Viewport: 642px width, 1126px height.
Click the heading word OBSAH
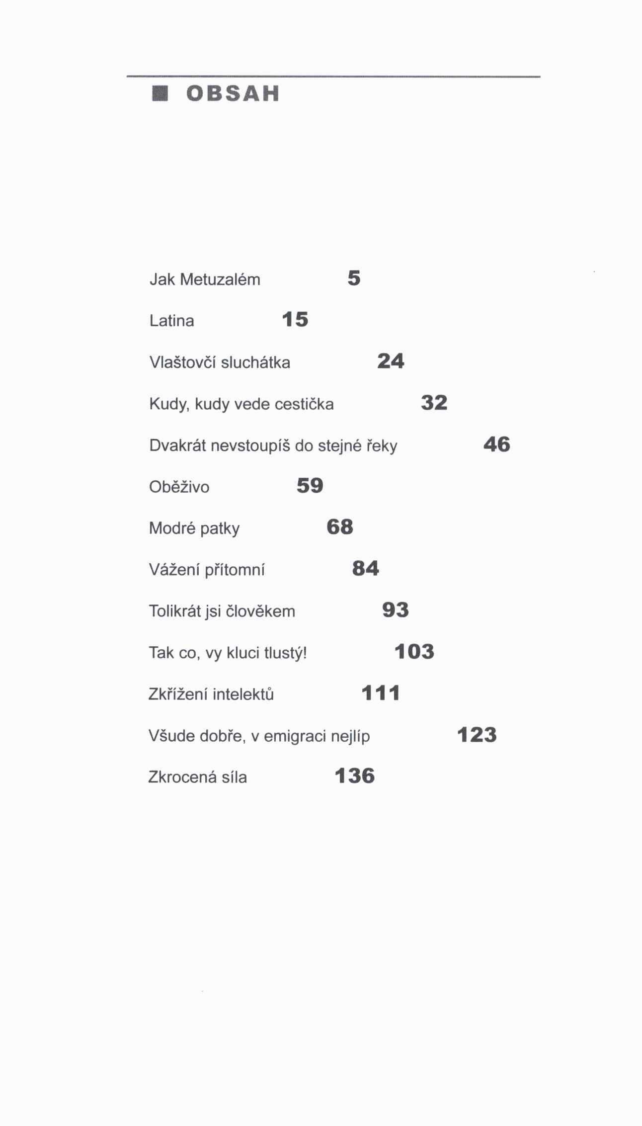233,93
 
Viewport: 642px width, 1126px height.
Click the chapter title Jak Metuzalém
205,279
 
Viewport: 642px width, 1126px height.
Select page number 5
354,278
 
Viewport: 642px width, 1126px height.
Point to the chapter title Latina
171,321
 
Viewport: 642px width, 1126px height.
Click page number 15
295,320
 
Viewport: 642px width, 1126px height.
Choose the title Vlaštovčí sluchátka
220,362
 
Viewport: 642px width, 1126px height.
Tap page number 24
391,361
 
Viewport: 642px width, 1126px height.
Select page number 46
496,444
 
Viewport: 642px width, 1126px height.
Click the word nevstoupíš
250,445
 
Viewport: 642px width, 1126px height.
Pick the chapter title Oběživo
179,487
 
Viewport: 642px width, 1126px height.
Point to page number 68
340,527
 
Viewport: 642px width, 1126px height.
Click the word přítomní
235,570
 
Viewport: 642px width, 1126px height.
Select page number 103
414,651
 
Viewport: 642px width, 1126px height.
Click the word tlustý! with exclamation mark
285,653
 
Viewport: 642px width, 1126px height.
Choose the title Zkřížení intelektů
211,694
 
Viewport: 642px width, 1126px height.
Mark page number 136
354,776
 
